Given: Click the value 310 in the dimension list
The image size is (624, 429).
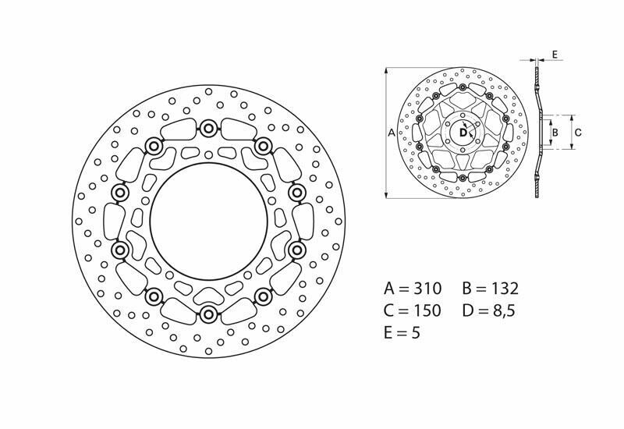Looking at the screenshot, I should pyautogui.click(x=428, y=289).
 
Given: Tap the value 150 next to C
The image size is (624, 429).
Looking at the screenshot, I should pyautogui.click(x=428, y=311).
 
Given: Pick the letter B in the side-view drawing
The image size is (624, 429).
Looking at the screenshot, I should pyautogui.click(x=554, y=133).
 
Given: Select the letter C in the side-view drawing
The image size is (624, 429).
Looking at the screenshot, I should pyautogui.click(x=577, y=133).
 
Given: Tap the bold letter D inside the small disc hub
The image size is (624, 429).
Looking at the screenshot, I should pyautogui.click(x=462, y=133).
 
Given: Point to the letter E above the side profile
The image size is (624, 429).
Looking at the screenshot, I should pyautogui.click(x=554, y=54).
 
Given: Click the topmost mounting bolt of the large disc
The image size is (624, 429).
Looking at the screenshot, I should pyautogui.click(x=208, y=128).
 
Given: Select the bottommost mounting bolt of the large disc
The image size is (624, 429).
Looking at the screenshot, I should pyautogui.click(x=208, y=314).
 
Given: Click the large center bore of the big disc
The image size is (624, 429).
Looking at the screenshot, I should pyautogui.click(x=208, y=221).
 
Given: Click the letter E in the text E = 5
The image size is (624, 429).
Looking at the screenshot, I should pyautogui.click(x=389, y=334).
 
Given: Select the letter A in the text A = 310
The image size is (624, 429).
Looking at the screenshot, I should pyautogui.click(x=390, y=289).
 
